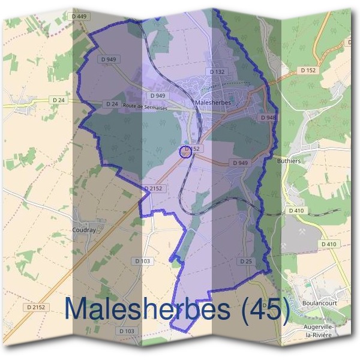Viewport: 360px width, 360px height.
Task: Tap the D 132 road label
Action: (217, 71)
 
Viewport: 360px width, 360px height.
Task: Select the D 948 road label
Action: (268, 118)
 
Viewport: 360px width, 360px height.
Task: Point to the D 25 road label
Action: (245, 262)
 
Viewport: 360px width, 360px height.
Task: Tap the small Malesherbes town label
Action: (213, 103)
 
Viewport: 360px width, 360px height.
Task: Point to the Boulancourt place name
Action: (319, 304)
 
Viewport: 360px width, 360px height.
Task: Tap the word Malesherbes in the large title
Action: (148, 309)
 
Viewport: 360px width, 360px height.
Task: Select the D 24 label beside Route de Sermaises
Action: (112, 104)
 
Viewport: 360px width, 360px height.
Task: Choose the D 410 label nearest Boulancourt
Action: (328, 244)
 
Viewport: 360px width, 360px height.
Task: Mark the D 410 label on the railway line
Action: (296, 211)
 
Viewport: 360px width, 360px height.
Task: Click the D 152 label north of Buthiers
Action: (307, 70)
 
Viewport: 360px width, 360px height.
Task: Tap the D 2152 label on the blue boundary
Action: (154, 188)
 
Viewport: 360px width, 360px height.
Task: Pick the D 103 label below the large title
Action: (127, 331)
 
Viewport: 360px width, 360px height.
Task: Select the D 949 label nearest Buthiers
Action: (239, 163)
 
